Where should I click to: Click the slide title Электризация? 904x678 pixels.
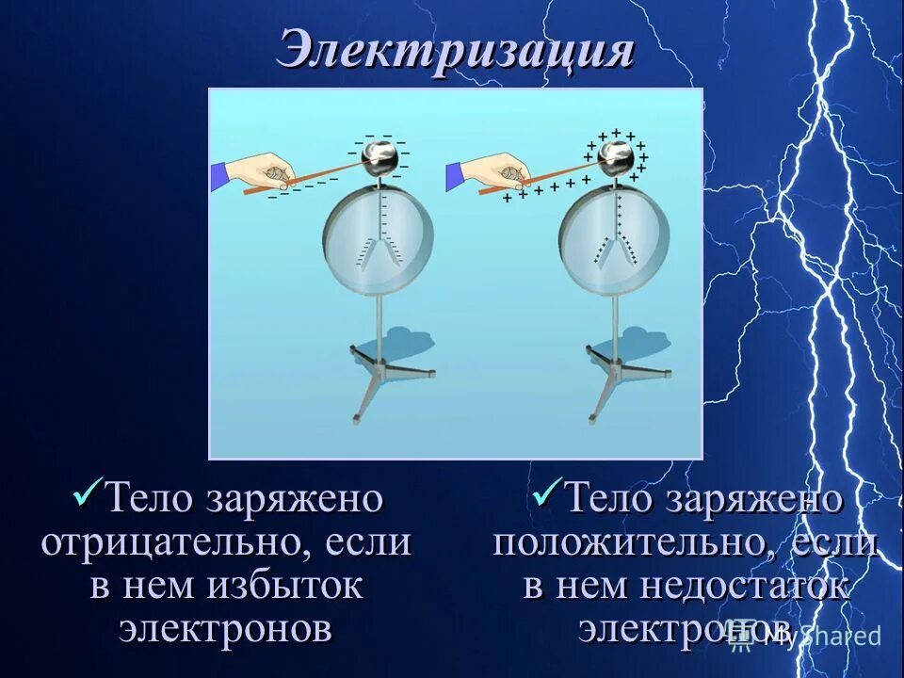(x=455, y=50)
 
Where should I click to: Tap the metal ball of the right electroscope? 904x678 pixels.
(x=616, y=155)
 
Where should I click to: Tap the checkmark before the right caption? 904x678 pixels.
(x=546, y=492)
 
